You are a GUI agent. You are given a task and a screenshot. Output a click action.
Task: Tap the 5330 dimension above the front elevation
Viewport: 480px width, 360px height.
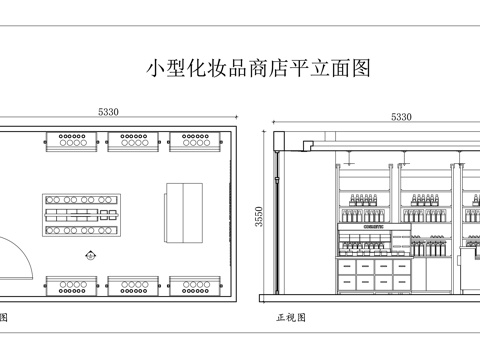(x=401, y=116)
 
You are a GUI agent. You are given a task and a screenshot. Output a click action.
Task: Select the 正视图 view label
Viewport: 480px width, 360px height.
(x=291, y=318)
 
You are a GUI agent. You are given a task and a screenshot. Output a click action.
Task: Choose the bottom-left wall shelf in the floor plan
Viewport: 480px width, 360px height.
(x=71, y=288)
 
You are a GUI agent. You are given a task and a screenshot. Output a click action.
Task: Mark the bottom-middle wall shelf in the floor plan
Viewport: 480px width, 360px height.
(x=132, y=288)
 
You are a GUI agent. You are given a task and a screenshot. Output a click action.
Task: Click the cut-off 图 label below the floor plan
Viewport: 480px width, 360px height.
(x=3, y=318)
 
